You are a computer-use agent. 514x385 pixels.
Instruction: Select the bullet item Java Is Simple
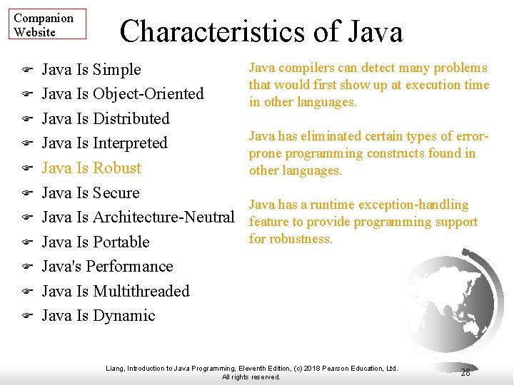91,70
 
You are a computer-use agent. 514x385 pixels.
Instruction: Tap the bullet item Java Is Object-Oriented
123,94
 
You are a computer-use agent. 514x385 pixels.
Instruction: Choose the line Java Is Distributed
106,118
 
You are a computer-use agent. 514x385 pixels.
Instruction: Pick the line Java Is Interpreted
104,143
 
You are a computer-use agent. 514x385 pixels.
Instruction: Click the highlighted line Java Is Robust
91,168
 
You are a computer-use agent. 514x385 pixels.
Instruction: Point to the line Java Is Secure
91,192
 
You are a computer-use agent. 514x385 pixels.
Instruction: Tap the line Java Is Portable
96,242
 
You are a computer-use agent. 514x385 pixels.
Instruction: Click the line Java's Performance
107,267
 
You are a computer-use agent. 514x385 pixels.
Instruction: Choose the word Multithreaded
141,291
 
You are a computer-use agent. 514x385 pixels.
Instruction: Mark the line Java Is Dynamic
99,316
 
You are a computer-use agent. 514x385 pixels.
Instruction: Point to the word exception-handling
413,205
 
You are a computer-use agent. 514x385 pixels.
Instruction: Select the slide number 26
465,372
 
